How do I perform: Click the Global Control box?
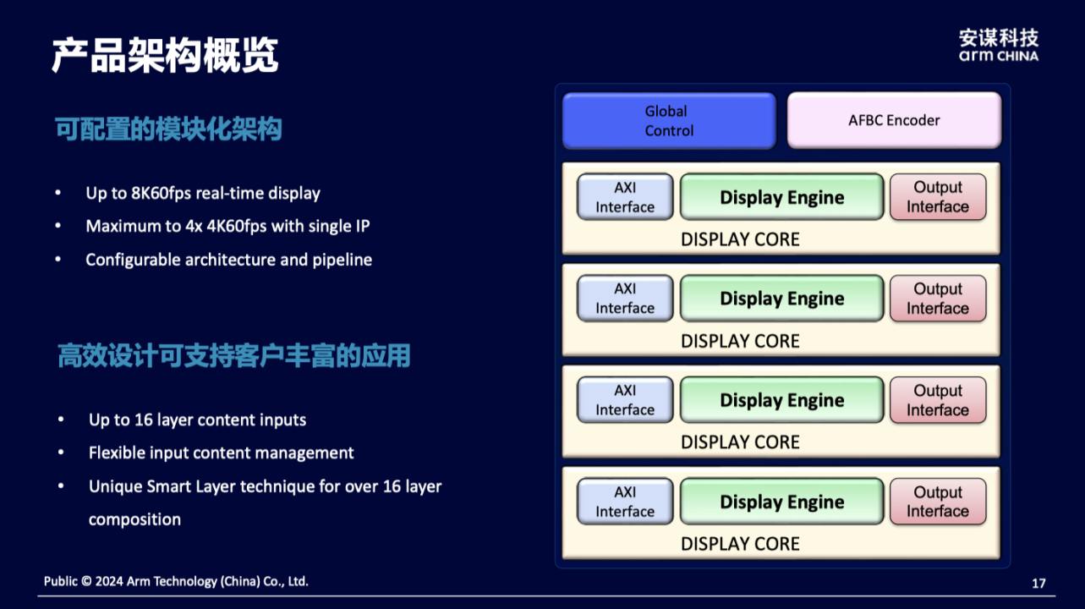coord(668,121)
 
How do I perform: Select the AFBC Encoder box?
coord(894,121)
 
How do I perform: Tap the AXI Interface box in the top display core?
coord(625,197)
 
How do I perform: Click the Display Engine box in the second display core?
coord(781,299)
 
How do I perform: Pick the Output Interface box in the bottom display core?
coord(938,502)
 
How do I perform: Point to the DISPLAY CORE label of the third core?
coord(740,442)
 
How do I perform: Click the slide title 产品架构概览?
coord(165,56)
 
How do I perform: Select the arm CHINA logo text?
coord(998,56)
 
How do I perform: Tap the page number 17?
coord(1038,584)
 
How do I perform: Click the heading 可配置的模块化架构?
coord(168,129)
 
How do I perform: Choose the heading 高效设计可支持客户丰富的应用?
coord(233,356)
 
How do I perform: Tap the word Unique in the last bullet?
coord(115,486)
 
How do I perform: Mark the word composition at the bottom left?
coord(134,519)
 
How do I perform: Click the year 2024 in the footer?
coord(110,582)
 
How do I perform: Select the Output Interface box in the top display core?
coord(938,197)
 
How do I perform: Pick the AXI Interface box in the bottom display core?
coord(625,502)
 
